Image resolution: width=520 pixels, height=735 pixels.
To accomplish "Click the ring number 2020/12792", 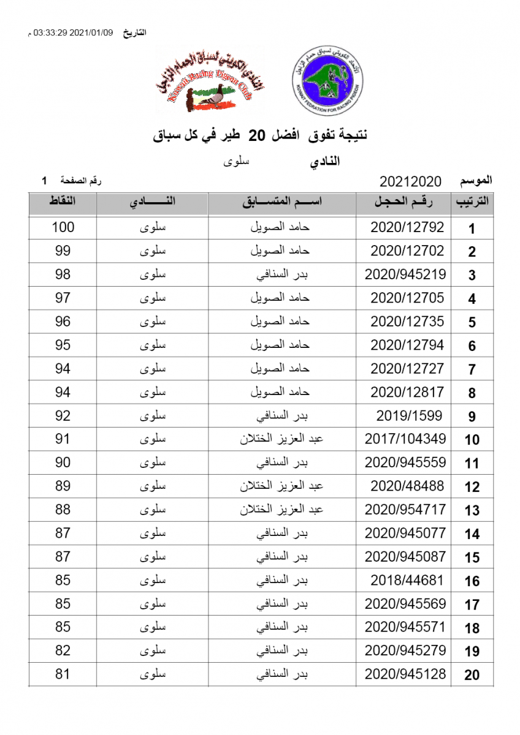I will [x=407, y=228].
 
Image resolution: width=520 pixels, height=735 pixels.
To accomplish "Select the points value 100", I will [x=63, y=228].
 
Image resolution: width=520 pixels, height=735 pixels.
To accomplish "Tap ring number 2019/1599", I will [x=407, y=416].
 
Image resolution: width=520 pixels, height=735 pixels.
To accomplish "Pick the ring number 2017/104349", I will [x=405, y=439].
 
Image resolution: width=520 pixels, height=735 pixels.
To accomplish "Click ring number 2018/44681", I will [x=407, y=580].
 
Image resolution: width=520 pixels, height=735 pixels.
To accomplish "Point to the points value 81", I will [x=63, y=674].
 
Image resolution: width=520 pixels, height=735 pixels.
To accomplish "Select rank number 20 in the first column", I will [x=472, y=676].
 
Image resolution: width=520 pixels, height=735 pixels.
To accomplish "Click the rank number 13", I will [x=472, y=511].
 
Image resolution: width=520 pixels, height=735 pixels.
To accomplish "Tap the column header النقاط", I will [x=63, y=203].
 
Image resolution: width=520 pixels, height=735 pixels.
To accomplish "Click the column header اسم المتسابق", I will [x=283, y=203].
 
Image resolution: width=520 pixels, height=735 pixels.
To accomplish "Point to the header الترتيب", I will [x=472, y=203].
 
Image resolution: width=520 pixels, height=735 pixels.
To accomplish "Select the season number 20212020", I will [x=411, y=182].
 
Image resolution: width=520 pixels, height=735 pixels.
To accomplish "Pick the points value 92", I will [x=63, y=416].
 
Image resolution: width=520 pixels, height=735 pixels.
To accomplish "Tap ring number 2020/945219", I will [x=405, y=274].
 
